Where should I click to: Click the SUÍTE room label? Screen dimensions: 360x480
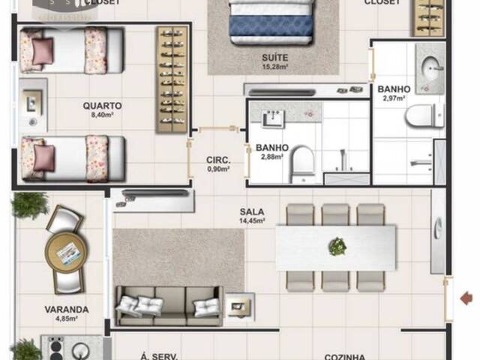click(x=271, y=57)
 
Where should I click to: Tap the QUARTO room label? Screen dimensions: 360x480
click(x=102, y=106)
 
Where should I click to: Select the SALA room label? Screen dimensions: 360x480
click(x=252, y=211)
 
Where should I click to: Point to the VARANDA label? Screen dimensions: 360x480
click(x=67, y=309)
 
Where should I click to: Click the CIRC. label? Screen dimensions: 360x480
click(x=217, y=160)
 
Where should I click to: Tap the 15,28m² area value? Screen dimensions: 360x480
click(x=271, y=67)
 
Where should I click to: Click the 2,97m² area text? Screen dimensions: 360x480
click(x=394, y=98)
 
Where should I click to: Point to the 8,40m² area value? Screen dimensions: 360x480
click(x=102, y=115)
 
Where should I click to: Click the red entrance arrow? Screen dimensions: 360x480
click(x=466, y=298)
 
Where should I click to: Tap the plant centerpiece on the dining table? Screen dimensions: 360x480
click(x=337, y=246)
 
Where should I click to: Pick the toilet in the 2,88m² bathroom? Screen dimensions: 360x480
click(x=303, y=160)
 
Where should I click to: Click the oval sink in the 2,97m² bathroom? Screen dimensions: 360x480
click(x=432, y=68)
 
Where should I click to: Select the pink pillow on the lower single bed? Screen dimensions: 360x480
click(x=43, y=157)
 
